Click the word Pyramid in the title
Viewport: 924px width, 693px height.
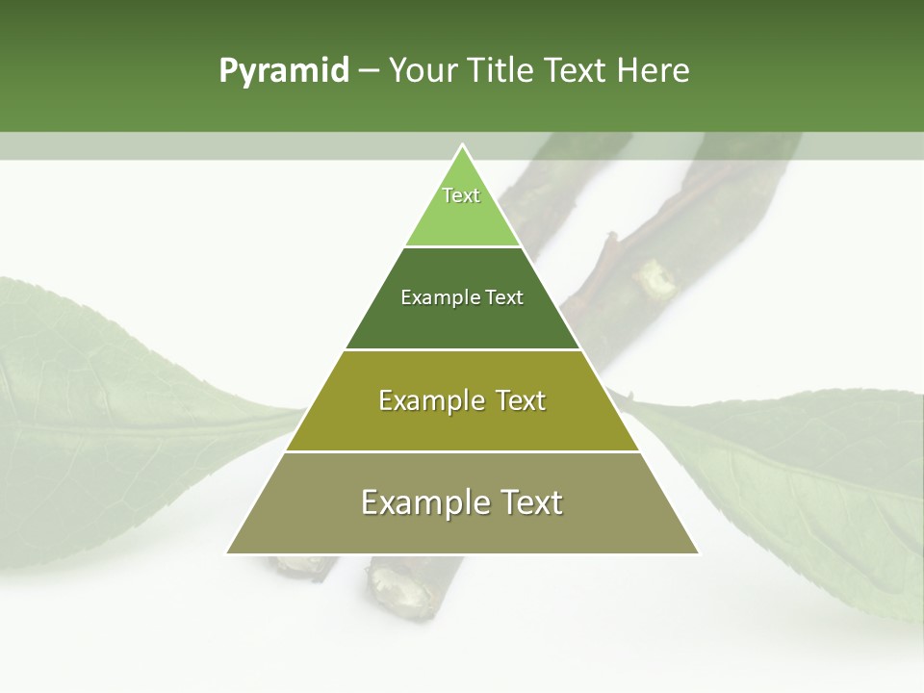283,71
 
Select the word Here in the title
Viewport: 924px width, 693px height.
653,71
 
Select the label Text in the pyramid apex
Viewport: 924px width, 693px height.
461,195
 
